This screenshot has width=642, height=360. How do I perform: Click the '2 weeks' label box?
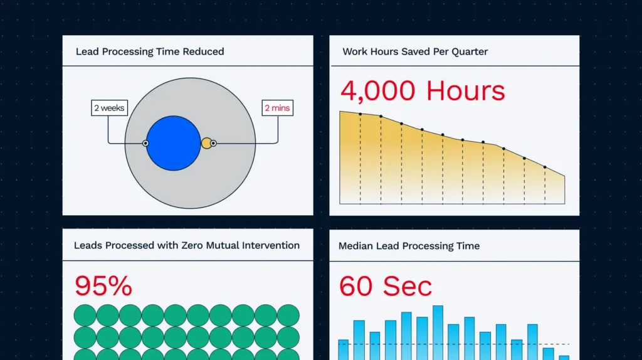click(109, 108)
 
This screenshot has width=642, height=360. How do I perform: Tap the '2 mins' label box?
click(278, 108)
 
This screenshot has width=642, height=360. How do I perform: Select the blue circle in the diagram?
click(173, 143)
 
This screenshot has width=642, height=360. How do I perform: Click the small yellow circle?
click(207, 143)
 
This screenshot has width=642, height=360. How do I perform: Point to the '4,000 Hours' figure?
click(423, 90)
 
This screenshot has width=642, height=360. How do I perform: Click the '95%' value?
click(103, 285)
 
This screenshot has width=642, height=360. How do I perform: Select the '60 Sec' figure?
click(386, 286)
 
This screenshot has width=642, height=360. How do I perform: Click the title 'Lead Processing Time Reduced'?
click(150, 51)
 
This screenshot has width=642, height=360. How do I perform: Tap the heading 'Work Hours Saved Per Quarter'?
click(415, 51)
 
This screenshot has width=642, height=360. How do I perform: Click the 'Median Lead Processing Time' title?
click(409, 246)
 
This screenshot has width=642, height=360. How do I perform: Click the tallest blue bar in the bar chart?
click(438, 332)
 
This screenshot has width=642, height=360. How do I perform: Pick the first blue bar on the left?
click(344, 350)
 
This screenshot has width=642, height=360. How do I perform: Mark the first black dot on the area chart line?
click(360, 114)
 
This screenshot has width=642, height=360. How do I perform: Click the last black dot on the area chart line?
click(545, 167)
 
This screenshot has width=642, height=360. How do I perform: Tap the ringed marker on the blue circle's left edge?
click(145, 144)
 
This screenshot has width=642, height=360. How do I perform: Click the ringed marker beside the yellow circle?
click(213, 144)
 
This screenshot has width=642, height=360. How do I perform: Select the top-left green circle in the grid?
click(85, 315)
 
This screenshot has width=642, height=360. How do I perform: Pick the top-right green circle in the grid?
click(288, 315)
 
